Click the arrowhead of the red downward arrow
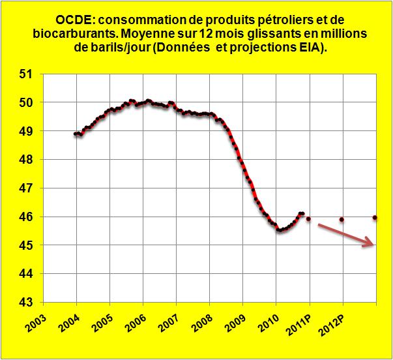click(372, 243)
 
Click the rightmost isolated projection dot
click(375, 217)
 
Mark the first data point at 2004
click(76, 134)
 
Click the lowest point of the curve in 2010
click(279, 230)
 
